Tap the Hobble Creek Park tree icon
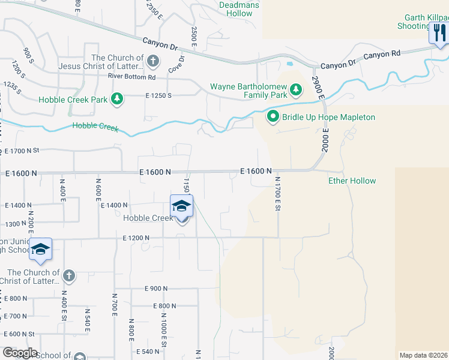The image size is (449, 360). pyautogui.click(x=118, y=98)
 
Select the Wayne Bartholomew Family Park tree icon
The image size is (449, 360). pyautogui.click(x=295, y=90)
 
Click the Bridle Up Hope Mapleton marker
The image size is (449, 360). pyautogui.click(x=273, y=116)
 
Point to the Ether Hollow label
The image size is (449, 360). pyautogui.click(x=352, y=181)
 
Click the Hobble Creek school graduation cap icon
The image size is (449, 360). pyautogui.click(x=181, y=206)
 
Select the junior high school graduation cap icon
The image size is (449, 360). pyautogui.click(x=40, y=250)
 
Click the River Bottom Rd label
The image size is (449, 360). pyautogui.click(x=131, y=77)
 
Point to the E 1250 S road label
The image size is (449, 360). pyautogui.click(x=158, y=95)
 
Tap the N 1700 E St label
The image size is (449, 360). pyautogui.click(x=278, y=193)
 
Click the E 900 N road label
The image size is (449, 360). pyautogui.click(x=156, y=289)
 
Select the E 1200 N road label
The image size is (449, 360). pyautogui.click(x=135, y=238)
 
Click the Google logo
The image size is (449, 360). pyautogui.click(x=19, y=353)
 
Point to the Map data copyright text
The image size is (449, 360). pyautogui.click(x=423, y=355)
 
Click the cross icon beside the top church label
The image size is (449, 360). pyautogui.click(x=152, y=61)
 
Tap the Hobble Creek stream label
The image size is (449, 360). pyautogui.click(x=95, y=126)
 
